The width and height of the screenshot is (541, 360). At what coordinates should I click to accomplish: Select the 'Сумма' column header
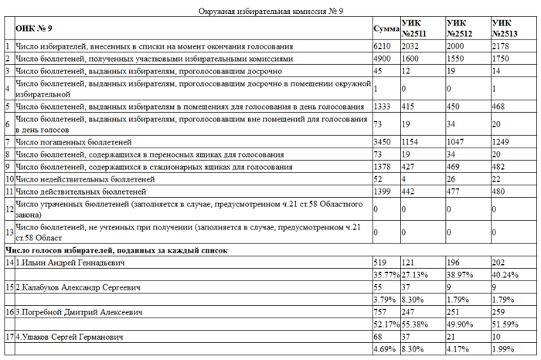pos(386,29)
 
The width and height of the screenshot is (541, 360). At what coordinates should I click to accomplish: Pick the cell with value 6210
pos(382,46)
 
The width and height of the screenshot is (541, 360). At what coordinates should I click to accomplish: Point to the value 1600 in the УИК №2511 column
pos(410,59)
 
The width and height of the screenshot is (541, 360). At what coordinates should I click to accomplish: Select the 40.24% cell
pos(505,275)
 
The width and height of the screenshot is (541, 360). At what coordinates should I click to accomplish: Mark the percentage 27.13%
pos(416,275)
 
